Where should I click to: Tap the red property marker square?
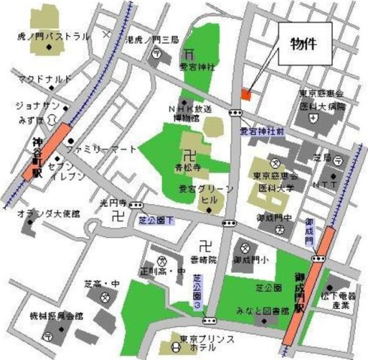[x=245, y=94]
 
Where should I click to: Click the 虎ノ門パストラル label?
[x=53, y=36]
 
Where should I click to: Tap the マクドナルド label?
[x=45, y=78]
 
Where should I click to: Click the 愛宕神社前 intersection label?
[x=262, y=131]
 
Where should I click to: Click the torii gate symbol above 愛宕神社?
[x=191, y=52]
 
